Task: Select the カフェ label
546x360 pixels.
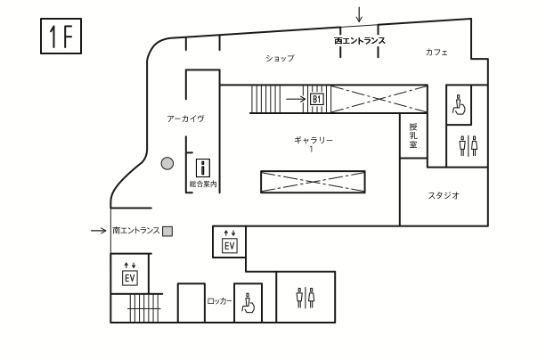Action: (436, 53)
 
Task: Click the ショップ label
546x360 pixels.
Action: (280, 58)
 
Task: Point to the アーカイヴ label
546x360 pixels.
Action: (185, 119)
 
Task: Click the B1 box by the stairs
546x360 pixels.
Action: (317, 99)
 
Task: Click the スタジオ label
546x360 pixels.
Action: (443, 196)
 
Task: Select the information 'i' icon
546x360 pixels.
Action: (202, 167)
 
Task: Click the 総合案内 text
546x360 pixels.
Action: (203, 184)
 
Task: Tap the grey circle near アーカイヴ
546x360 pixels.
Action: (167, 163)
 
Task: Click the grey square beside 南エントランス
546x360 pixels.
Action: (167, 231)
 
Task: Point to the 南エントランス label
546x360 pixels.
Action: (135, 231)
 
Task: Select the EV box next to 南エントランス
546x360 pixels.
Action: (229, 246)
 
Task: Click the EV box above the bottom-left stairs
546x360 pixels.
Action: (129, 278)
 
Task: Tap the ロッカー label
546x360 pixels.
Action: (219, 301)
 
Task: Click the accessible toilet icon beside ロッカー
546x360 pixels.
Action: (250, 303)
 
